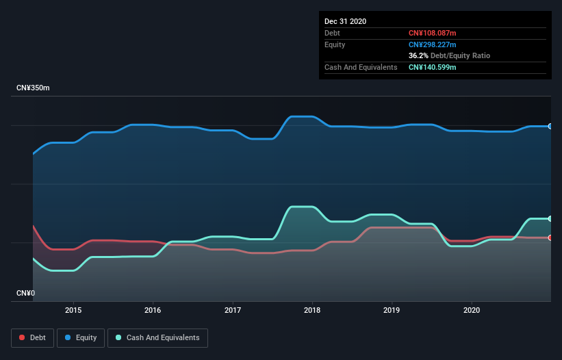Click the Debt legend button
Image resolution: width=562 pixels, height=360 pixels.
[x=31, y=337]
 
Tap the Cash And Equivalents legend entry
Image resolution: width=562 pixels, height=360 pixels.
[x=157, y=337]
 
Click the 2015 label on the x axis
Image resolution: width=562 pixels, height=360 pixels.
[x=73, y=309]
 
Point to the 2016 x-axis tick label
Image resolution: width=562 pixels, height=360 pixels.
[x=153, y=309]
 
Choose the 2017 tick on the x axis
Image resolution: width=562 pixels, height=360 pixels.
[x=233, y=309]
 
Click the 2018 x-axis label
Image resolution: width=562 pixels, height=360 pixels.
[x=312, y=309]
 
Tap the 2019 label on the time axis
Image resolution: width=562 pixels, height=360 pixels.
[x=392, y=309]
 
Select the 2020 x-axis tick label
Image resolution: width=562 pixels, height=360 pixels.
[x=472, y=309]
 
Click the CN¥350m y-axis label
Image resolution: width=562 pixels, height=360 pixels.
[x=34, y=88]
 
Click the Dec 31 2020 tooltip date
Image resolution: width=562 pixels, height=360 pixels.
[x=346, y=21]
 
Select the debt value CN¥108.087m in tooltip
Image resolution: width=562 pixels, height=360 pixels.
[x=432, y=33]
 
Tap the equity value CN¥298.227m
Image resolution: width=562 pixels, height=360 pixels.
[x=432, y=44]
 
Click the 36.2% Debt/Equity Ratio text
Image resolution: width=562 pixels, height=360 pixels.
[x=449, y=55]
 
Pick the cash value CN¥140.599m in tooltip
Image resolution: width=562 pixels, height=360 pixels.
[x=432, y=67]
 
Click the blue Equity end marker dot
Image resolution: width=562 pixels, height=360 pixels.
[x=550, y=126]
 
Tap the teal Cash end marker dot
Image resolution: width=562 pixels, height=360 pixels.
[x=550, y=218]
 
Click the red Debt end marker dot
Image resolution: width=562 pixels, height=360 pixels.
[x=550, y=237]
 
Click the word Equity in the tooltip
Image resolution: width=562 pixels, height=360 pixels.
[x=335, y=44]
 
